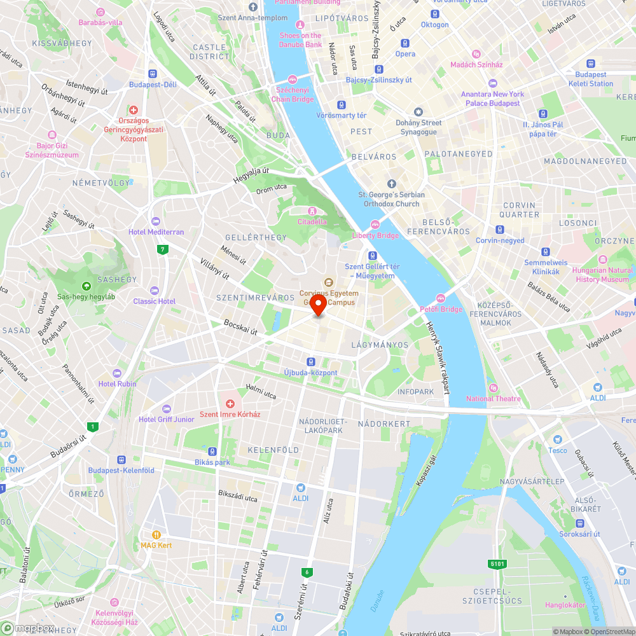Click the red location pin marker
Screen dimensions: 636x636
click(x=318, y=305)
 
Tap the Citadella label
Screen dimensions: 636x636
click(x=312, y=222)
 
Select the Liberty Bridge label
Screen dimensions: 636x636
click(x=375, y=235)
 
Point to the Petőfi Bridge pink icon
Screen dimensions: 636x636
click(x=441, y=298)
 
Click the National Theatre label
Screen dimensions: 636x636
click(x=493, y=399)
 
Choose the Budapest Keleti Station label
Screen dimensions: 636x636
click(x=591, y=79)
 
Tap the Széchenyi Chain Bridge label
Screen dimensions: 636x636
click(x=293, y=95)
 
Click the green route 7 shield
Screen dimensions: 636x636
click(x=164, y=249)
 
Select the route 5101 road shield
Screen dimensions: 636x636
click(x=497, y=563)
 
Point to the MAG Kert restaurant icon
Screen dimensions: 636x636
click(x=156, y=535)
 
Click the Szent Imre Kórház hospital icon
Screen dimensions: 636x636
click(x=230, y=404)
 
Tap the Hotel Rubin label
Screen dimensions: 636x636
click(x=117, y=384)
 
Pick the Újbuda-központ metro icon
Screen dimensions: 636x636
click(x=310, y=361)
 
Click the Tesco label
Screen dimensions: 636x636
click(x=558, y=450)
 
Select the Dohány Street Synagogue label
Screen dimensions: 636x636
click(x=418, y=127)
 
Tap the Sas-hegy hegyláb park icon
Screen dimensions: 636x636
click(x=86, y=286)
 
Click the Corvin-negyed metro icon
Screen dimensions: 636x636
click(x=501, y=230)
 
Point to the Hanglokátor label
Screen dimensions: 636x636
click(x=565, y=605)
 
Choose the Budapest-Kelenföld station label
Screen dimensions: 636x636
click(x=121, y=470)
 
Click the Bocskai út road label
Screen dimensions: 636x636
click(x=240, y=328)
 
